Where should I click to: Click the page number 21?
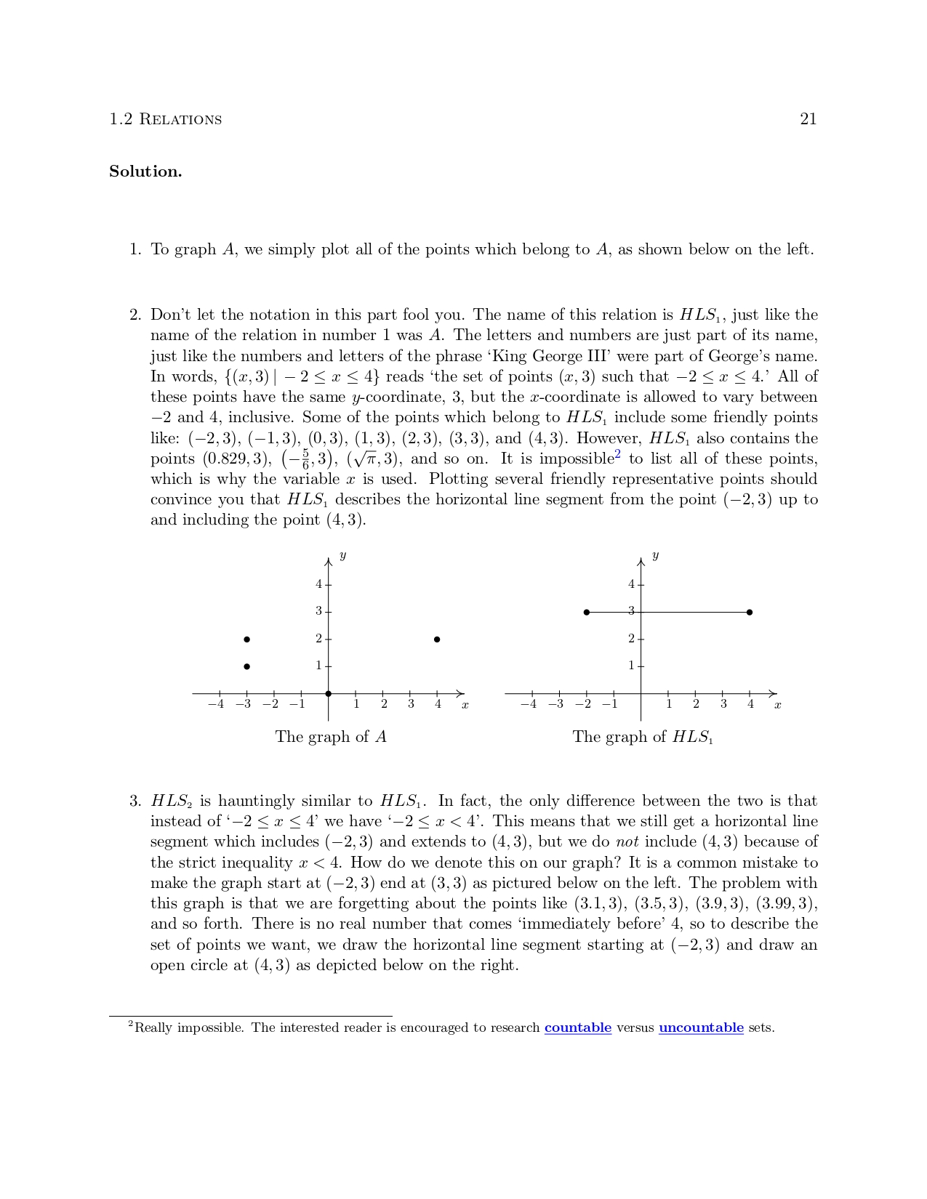808,120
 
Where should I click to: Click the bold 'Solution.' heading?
145,172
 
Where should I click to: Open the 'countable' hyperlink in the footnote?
577,1028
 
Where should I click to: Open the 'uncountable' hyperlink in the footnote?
701,1028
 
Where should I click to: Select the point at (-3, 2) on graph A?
247,639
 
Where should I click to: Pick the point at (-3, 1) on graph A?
247,666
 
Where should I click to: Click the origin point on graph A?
329,693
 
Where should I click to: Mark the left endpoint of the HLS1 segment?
587,613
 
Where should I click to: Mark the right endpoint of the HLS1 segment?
750,613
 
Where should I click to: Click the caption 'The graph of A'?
331,738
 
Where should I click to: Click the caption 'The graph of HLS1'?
643,738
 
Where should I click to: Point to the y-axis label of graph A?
342,557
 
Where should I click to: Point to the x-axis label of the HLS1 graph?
777,705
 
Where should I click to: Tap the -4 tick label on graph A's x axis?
215,704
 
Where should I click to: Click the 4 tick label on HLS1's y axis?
631,584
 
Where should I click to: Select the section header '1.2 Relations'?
166,120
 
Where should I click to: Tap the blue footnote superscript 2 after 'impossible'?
618,455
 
